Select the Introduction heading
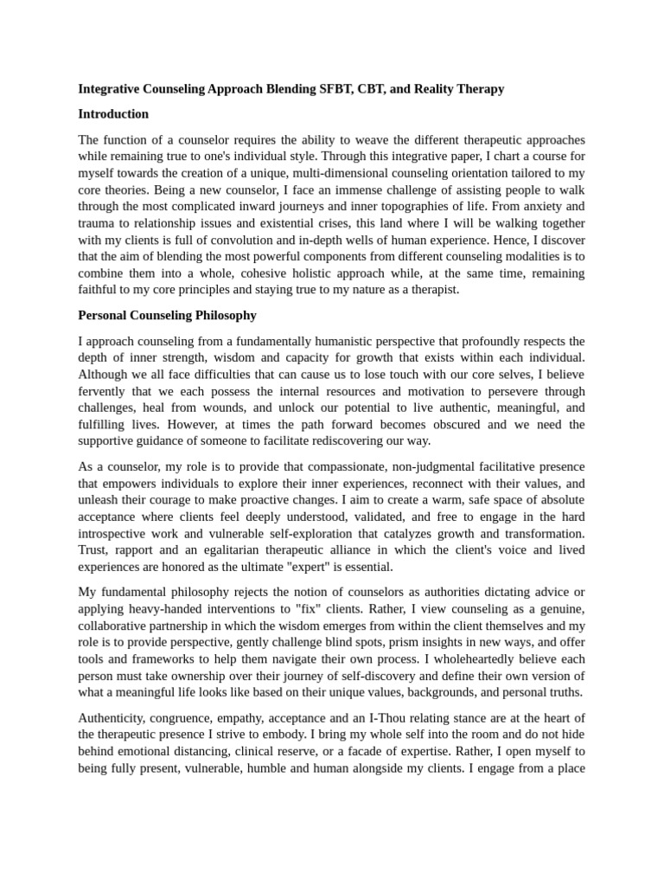(x=113, y=114)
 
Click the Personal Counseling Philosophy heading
(x=167, y=316)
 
